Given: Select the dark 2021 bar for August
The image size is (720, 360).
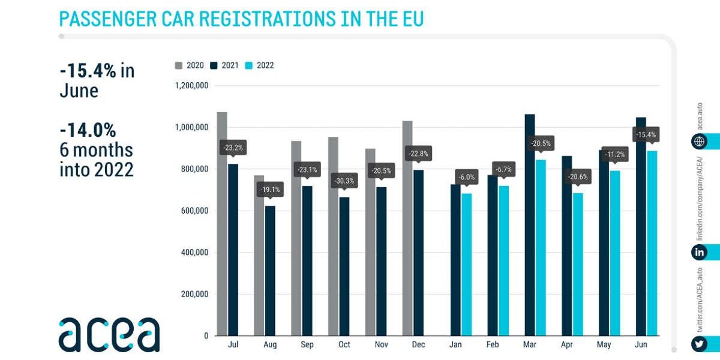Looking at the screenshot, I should tap(270, 270).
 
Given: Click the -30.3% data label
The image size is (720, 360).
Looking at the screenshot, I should tap(344, 180).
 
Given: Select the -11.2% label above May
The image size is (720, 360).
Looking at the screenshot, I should tap(615, 154).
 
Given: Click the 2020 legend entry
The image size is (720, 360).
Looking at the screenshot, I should tap(190, 65).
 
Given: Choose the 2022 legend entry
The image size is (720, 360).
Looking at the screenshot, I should tap(260, 65).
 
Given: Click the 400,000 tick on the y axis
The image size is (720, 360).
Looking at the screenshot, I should tap(194, 253).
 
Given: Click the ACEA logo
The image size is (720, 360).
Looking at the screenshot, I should tap(109, 334).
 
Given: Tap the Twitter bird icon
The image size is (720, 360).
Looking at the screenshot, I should tap(699, 344).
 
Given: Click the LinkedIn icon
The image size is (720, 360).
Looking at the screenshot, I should tap(699, 253).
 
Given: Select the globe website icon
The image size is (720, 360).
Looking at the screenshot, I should tap(699, 142).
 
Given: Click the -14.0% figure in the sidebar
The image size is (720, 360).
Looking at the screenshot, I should tap(88, 130).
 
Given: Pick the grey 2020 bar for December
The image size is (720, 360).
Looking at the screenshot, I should tap(407, 228).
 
